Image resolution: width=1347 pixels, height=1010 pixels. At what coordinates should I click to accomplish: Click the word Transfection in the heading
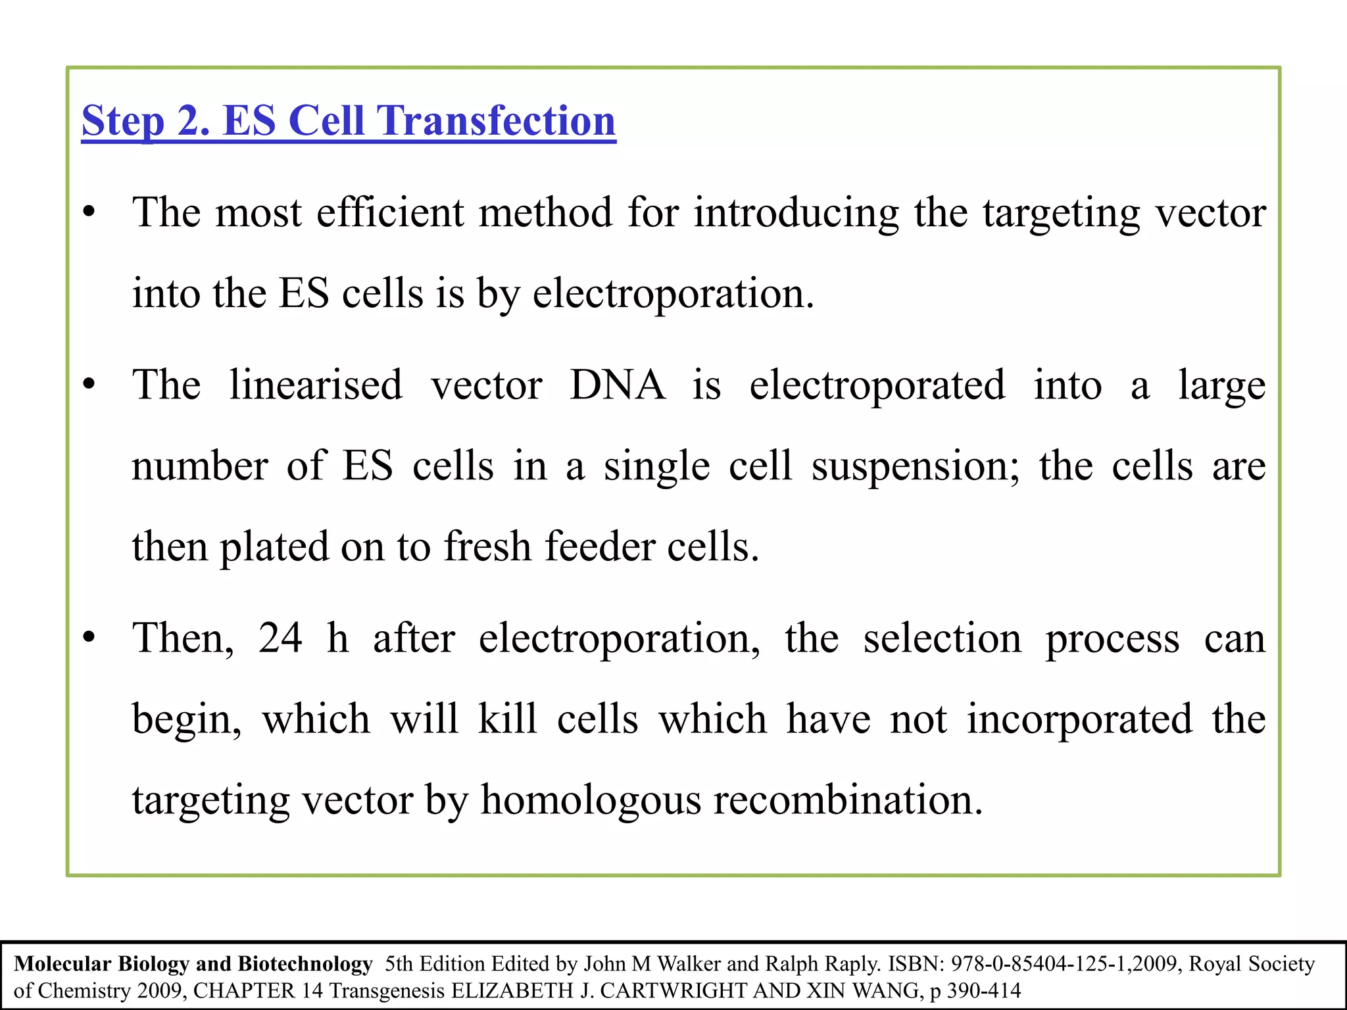[496, 121]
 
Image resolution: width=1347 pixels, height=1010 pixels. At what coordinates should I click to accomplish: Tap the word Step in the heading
[122, 121]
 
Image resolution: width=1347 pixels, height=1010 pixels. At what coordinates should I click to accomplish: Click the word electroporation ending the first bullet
[673, 293]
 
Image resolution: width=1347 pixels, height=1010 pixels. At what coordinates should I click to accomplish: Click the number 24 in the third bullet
[280, 638]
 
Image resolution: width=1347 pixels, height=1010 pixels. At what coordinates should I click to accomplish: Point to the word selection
[943, 638]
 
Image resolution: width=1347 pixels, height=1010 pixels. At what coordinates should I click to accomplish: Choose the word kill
[507, 719]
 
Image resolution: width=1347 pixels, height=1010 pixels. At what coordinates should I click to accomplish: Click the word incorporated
[1079, 719]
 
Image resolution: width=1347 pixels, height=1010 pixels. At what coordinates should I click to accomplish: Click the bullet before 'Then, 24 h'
[89, 637]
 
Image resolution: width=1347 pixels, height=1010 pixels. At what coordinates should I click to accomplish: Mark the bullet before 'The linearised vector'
[89, 384]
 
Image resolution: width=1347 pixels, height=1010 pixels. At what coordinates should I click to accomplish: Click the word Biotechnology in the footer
[305, 964]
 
